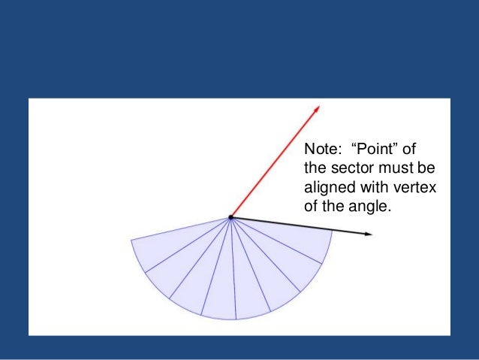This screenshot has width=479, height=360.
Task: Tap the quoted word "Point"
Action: [373, 148]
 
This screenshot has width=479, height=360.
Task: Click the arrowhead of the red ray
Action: [318, 108]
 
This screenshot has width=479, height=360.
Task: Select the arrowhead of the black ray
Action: [369, 234]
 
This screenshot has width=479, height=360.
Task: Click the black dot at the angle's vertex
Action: [230, 217]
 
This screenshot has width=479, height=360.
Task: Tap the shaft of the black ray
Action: [300, 226]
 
